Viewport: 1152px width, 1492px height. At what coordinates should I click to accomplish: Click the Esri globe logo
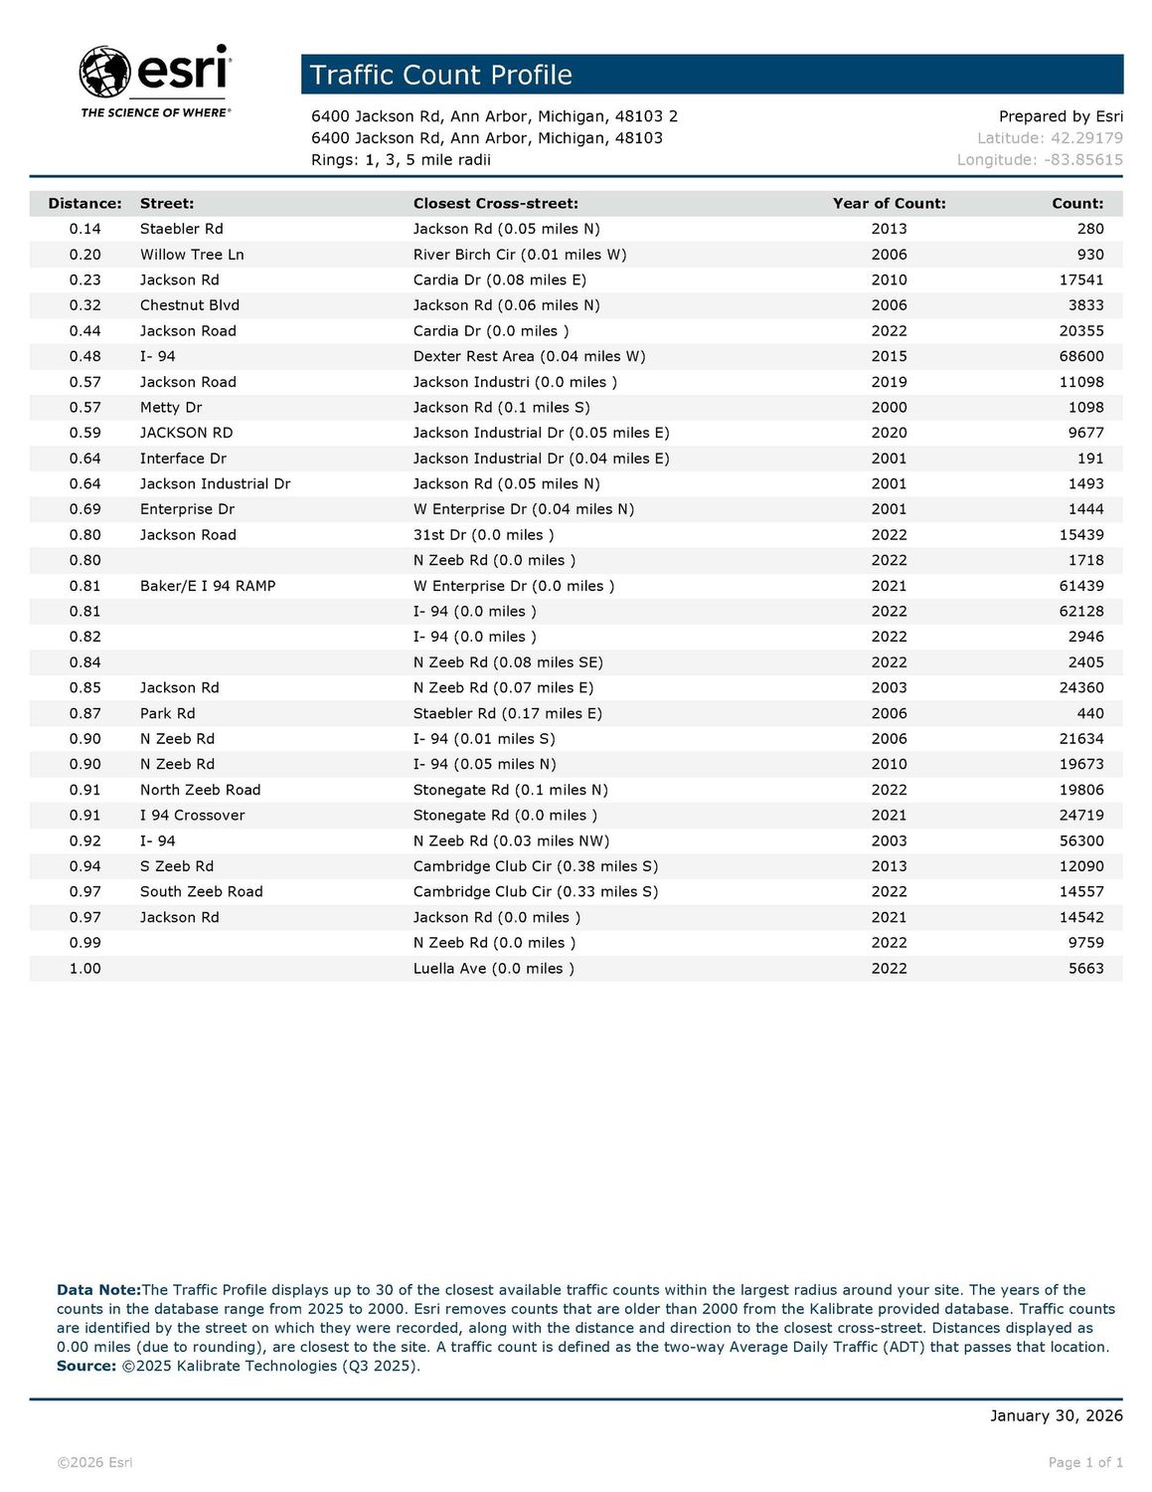[x=104, y=72]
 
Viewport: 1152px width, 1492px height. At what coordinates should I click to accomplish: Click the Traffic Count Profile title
[x=441, y=76]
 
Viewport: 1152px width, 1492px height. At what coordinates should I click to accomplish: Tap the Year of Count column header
[x=889, y=204]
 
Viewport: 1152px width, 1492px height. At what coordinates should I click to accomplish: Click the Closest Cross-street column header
[x=495, y=204]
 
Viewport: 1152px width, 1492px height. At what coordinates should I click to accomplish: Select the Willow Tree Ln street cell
[x=192, y=255]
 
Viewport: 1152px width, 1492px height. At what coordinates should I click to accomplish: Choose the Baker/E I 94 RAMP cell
[x=208, y=586]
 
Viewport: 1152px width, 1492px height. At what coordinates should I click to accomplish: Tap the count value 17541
[x=1081, y=280]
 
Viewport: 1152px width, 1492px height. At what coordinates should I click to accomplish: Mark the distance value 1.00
[x=84, y=969]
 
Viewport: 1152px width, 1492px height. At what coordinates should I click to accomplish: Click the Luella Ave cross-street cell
[x=493, y=969]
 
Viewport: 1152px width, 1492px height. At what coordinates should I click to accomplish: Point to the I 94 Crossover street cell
[x=192, y=816]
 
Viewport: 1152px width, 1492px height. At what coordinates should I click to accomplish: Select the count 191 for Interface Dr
[x=1090, y=459]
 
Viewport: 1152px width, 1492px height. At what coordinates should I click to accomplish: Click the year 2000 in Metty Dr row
[x=889, y=408]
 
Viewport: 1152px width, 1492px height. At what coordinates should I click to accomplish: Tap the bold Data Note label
[x=98, y=1290]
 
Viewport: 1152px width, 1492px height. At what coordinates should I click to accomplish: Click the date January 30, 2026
[x=1056, y=1415]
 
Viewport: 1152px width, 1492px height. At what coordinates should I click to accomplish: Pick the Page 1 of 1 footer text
[x=1085, y=1462]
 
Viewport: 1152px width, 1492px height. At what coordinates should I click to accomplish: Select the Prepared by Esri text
[x=1061, y=116]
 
